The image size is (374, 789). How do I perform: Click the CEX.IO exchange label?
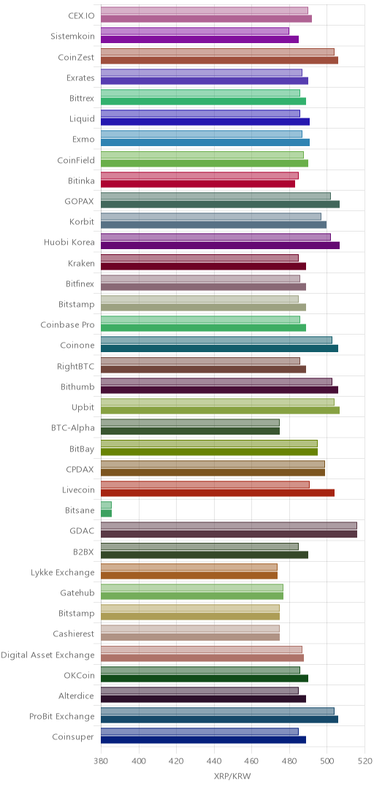coord(81,15)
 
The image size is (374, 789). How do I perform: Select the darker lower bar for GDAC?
coord(229,534)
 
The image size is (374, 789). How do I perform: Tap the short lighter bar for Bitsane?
coord(106,505)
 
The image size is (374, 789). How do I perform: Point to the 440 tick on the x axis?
coord(215,760)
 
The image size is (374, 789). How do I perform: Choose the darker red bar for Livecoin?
coord(218,492)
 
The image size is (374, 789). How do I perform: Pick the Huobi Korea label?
coord(69,242)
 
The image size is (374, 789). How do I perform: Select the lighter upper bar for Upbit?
coord(218,402)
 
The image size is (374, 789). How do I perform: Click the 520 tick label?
coord(365,760)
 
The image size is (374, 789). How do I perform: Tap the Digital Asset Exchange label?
coord(47,655)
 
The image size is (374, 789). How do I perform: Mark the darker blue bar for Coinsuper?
coord(204,739)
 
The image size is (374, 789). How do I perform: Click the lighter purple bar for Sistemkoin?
coord(195,31)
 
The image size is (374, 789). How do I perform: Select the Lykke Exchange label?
coord(62,572)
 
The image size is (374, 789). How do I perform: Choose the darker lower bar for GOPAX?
coord(221,204)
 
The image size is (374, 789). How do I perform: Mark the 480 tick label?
coord(289,760)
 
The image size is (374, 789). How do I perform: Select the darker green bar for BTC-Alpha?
coord(190,431)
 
